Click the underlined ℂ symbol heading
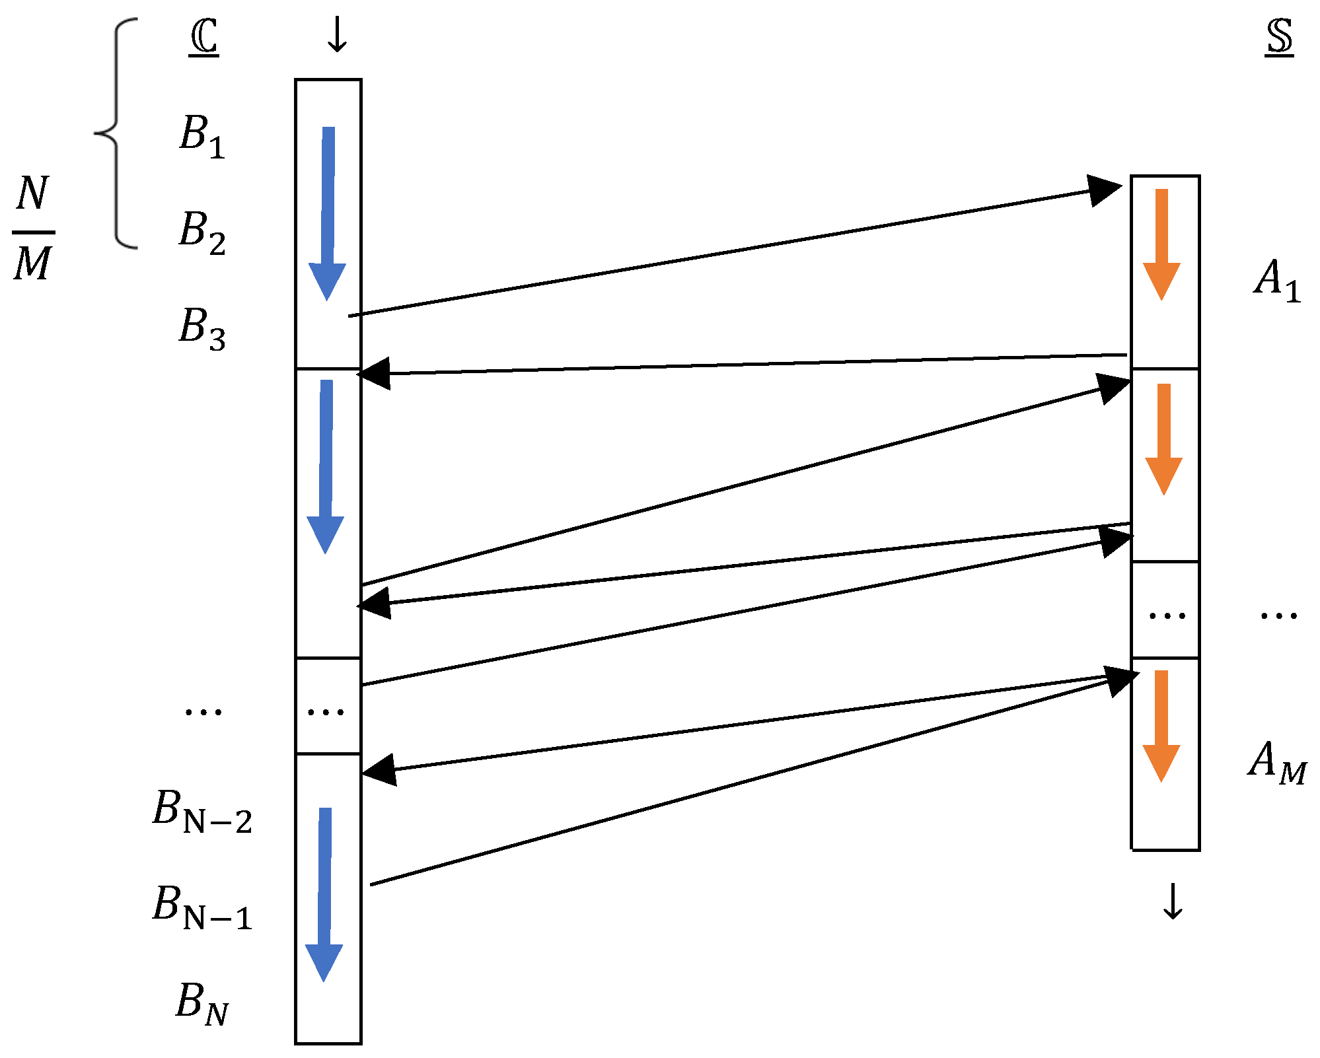point(203,38)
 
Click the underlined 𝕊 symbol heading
point(1279,38)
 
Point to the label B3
point(202,328)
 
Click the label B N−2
point(202,810)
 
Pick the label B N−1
point(202,907)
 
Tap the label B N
point(202,1003)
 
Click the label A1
point(1277,280)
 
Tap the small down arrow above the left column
point(337,35)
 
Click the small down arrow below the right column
point(1173,901)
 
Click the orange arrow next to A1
point(1161,244)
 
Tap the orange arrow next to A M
point(1161,726)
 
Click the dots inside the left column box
point(326,711)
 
